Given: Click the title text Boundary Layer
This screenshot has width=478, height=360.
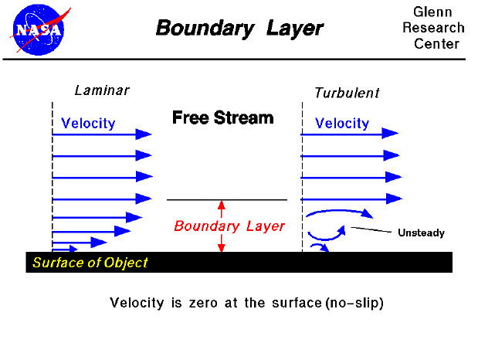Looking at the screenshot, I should pyautogui.click(x=239, y=29).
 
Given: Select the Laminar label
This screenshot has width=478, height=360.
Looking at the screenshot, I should pyautogui.click(x=102, y=90).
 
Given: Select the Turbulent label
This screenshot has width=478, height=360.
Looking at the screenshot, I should pyautogui.click(x=347, y=93).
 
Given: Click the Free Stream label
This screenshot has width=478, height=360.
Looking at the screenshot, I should pyautogui.click(x=222, y=118).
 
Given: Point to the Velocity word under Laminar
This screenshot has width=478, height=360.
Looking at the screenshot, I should pyautogui.click(x=88, y=123).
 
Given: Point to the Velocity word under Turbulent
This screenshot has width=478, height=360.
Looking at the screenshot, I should pyautogui.click(x=342, y=123).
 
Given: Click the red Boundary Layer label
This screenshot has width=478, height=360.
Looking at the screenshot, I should pyautogui.click(x=229, y=226).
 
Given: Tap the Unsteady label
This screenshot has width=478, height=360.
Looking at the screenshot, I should pyautogui.click(x=421, y=233).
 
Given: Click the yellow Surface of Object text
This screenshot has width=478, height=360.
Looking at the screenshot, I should pyautogui.click(x=90, y=263).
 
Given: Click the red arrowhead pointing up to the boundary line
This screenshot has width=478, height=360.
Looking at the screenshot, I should pyautogui.click(x=221, y=205).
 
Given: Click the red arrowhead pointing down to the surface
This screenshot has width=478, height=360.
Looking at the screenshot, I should pyautogui.click(x=221, y=246).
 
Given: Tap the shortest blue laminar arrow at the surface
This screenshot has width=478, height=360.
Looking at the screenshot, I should pyautogui.click(x=65, y=249).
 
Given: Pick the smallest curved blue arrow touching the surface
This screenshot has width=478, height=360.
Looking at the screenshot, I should pyautogui.click(x=320, y=247).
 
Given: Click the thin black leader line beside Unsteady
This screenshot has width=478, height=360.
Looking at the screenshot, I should pyautogui.click(x=372, y=229).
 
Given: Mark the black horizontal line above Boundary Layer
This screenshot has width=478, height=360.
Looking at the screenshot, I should pyautogui.click(x=226, y=199).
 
